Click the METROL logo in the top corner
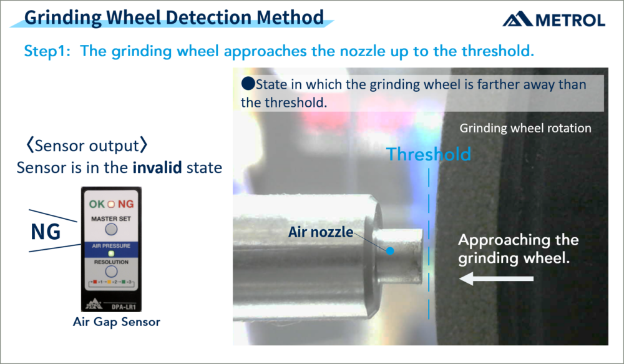click(x=553, y=20)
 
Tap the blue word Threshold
click(x=427, y=154)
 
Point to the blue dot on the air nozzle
click(x=390, y=251)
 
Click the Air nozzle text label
click(x=320, y=232)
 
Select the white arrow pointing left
click(x=495, y=279)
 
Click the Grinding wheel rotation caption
click(x=525, y=129)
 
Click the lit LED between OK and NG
click(x=111, y=204)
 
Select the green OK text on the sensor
click(x=97, y=204)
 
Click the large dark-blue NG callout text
click(x=46, y=232)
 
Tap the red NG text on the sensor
click(x=126, y=204)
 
